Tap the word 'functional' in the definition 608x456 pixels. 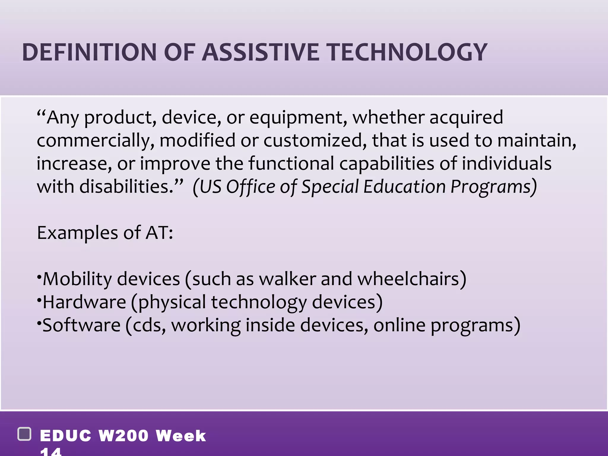(291, 163)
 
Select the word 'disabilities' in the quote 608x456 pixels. (124, 186)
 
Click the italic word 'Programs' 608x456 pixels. (493, 187)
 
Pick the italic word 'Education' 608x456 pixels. (404, 186)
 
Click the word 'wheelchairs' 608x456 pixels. (411, 279)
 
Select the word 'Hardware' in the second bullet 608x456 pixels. (84, 302)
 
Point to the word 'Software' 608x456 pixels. (81, 325)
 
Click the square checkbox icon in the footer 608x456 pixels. (25, 434)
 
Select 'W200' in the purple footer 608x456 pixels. (123, 436)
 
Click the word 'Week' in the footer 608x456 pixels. (181, 436)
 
